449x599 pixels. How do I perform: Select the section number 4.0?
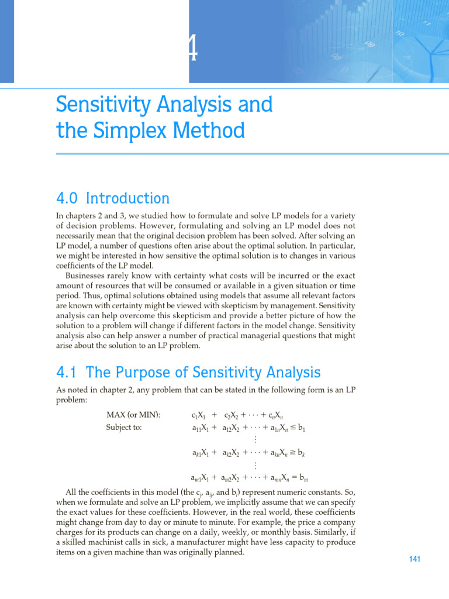69,199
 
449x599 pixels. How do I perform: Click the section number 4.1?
68,372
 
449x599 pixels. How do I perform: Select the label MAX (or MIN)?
133,415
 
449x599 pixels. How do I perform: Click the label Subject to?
125,427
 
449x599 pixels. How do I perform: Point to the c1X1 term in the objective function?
198,416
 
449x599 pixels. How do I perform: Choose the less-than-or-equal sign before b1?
292,428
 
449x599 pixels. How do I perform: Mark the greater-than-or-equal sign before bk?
292,452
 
